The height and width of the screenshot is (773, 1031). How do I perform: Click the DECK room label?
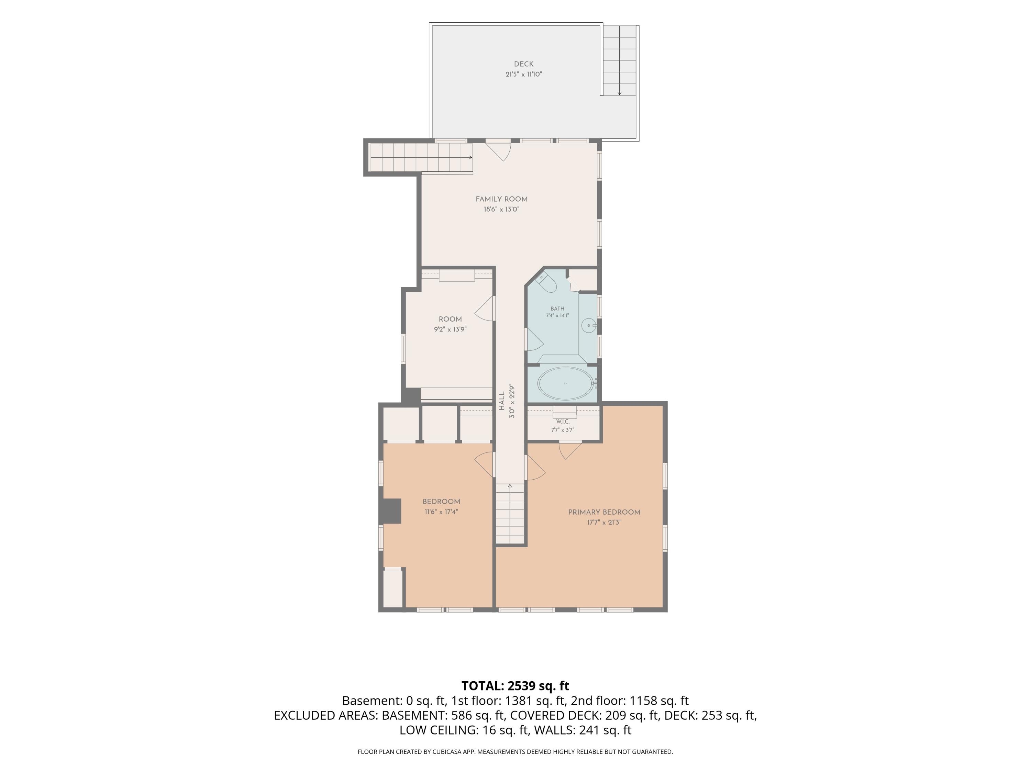pyautogui.click(x=523, y=64)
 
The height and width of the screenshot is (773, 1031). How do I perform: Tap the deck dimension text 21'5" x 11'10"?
pyautogui.click(x=523, y=74)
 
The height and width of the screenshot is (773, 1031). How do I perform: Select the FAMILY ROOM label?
pyautogui.click(x=501, y=199)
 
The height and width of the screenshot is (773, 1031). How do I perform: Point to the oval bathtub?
pyautogui.click(x=566, y=383)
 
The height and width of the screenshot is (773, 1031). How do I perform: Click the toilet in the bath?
pyautogui.click(x=548, y=283)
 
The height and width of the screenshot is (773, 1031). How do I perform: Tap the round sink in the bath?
pyautogui.click(x=589, y=325)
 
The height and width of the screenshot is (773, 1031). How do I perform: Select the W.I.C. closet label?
pyautogui.click(x=563, y=421)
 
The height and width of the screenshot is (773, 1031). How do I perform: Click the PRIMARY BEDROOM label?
pyautogui.click(x=604, y=512)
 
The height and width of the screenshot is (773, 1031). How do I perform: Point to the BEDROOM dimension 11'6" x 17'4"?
pyautogui.click(x=441, y=512)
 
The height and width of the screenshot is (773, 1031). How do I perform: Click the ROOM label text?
pyautogui.click(x=450, y=319)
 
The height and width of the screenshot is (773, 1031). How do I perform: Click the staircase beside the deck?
pyautogui.click(x=619, y=60)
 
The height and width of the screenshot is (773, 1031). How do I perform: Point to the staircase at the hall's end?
pyautogui.click(x=510, y=514)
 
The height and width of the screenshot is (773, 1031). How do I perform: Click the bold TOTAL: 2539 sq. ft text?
pyautogui.click(x=515, y=686)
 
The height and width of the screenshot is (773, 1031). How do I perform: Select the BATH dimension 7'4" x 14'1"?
pyautogui.click(x=557, y=315)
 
